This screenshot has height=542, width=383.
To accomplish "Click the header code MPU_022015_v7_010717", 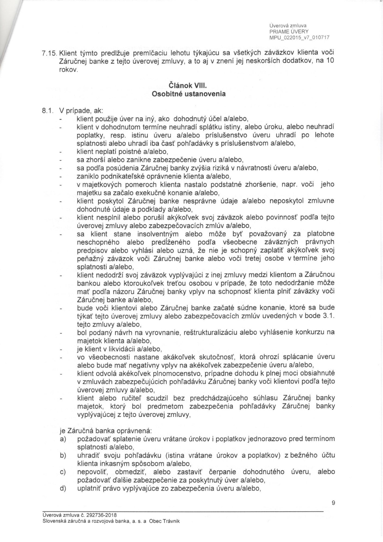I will click(299, 38).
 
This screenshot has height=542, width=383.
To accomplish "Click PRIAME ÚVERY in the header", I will click(287, 32).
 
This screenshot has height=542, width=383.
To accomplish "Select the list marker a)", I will click(63, 439).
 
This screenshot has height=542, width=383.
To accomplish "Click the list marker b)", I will click(63, 455).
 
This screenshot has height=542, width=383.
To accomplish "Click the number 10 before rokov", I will click(330, 60).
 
